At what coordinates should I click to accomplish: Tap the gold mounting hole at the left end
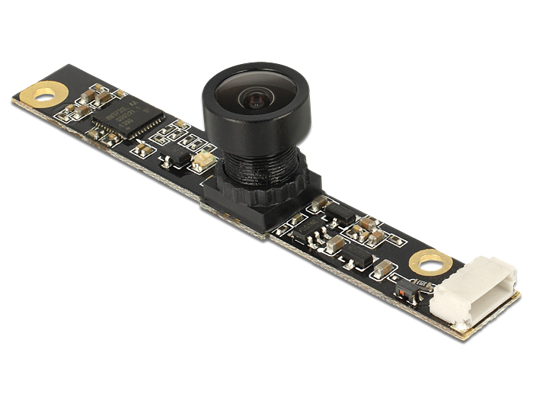point(44,95)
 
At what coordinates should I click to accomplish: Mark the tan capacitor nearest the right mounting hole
point(385,268)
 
